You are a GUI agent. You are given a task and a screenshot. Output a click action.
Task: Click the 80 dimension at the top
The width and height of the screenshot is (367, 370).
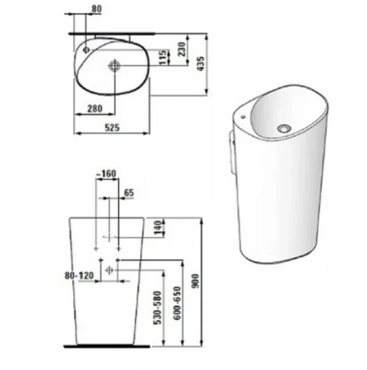[x=97, y=9]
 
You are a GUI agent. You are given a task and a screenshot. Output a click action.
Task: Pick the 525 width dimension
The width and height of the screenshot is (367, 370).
[x=111, y=128]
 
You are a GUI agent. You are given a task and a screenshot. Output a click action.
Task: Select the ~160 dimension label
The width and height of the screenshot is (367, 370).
[x=107, y=174]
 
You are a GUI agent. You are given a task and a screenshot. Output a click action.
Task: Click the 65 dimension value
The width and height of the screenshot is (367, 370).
[x=128, y=193]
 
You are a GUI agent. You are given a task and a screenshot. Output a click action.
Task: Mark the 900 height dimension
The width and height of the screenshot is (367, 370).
[x=198, y=283]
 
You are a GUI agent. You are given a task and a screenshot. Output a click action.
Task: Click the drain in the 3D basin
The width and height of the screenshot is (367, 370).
[x=284, y=128]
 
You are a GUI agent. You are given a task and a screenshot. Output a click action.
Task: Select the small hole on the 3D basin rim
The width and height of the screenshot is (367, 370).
[x=244, y=115]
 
